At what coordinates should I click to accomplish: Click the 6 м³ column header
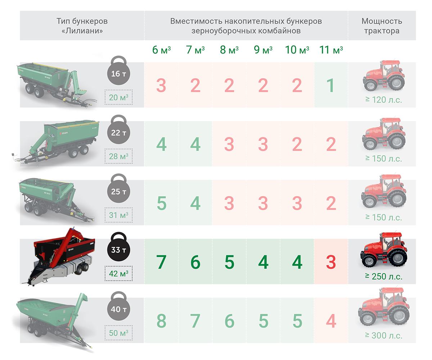161,50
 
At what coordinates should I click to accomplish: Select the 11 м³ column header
331,50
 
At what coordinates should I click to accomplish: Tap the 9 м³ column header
263,50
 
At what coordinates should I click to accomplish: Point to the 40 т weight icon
118,306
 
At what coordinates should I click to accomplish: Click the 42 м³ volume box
118,274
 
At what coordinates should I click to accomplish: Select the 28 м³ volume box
118,156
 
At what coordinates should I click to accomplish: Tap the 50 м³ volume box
118,333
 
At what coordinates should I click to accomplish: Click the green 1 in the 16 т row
330,85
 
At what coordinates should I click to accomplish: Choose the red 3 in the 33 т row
331,262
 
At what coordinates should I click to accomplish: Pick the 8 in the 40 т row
161,321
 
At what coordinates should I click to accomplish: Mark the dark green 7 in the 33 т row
161,262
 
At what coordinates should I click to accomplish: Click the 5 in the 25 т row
162,203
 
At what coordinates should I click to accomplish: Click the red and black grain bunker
60,257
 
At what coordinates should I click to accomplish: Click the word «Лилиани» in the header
82,31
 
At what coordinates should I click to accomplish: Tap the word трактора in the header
382,31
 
